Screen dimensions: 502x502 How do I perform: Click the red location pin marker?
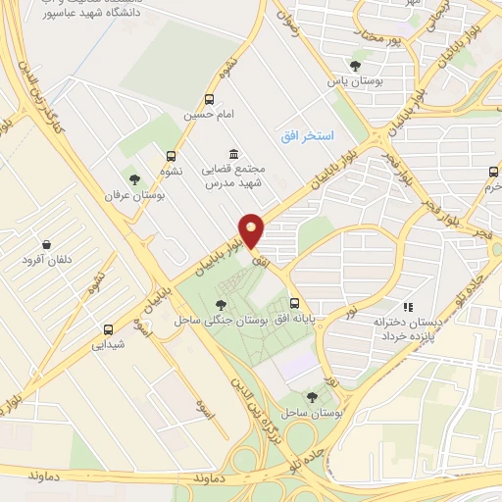(x=253, y=231)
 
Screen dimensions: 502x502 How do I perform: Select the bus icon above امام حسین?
(x=209, y=99)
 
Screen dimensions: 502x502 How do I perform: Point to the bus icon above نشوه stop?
(x=172, y=155)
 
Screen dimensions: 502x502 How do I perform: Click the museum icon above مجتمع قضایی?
(x=233, y=155)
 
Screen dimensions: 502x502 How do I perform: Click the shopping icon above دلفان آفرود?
(x=46, y=243)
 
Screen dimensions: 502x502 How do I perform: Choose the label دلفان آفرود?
(x=46, y=260)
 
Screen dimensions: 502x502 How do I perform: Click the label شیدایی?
(x=108, y=344)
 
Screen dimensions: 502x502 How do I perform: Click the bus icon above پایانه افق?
(x=296, y=304)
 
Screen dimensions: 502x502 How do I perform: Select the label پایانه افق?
(x=296, y=321)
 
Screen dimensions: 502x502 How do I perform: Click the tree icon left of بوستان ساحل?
(x=312, y=396)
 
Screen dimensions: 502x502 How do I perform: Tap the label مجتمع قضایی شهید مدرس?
(x=233, y=176)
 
